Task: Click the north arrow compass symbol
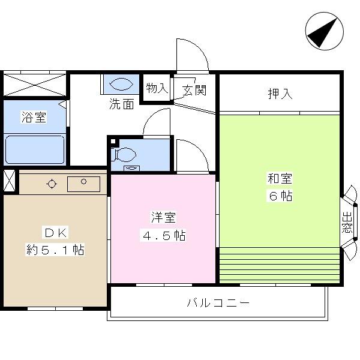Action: point(324,31)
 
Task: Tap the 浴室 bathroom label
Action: point(34,117)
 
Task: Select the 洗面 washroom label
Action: point(121,104)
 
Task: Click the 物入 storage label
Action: point(157,88)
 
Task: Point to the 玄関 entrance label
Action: point(194,90)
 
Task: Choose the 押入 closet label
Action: point(280,94)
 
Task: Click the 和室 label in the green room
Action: point(280,178)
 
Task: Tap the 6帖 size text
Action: point(280,196)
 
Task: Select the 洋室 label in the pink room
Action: point(163,217)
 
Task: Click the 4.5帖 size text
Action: point(164,235)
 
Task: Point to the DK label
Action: point(56,233)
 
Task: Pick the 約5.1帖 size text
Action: point(55,250)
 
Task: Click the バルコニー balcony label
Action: point(218,303)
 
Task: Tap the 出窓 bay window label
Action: point(347,223)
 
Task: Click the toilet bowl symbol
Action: point(124,155)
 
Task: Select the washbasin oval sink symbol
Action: point(121,84)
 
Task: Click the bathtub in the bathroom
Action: point(35,149)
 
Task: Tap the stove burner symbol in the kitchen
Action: point(52,184)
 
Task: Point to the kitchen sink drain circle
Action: point(83,182)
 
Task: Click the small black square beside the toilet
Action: point(113,141)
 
